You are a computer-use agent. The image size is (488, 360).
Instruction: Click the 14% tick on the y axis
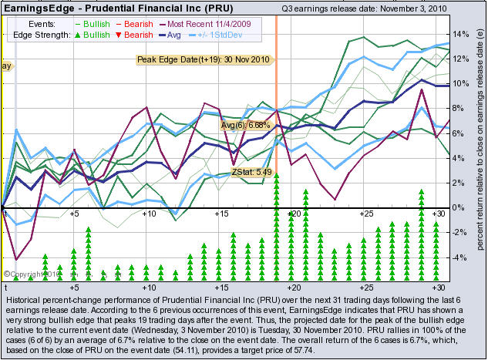pyautogui.click(x=461, y=35)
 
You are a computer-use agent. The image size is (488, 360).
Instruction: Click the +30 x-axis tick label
pyautogui.click(x=439, y=214)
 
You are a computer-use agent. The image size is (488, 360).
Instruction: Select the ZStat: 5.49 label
pyautogui.click(x=251, y=173)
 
